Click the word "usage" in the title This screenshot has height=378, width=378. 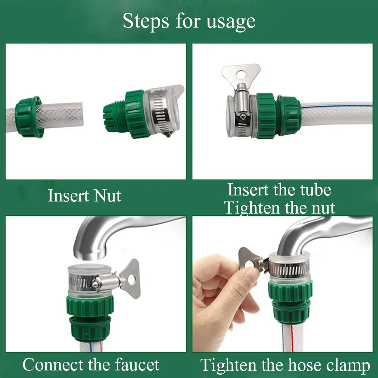pos(231,22)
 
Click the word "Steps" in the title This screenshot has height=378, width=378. pos(146,21)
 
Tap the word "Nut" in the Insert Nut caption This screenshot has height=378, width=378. pos(107,196)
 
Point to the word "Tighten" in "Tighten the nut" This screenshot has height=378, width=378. pos(252,208)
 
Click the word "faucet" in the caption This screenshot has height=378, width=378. pos(137,364)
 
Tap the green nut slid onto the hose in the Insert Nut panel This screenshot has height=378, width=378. pos(28,116)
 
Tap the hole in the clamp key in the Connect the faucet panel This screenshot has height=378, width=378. pos(131,279)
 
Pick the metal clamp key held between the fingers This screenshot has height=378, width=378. pos(249,261)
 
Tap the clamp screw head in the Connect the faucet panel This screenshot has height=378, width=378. pos(96,283)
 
